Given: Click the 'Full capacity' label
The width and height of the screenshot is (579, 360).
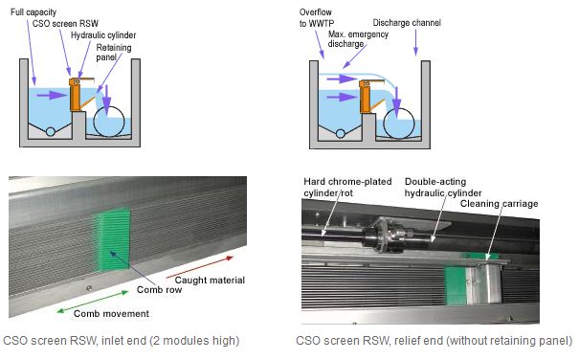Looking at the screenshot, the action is (33, 12).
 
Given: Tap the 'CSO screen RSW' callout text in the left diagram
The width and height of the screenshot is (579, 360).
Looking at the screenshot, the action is (65, 24).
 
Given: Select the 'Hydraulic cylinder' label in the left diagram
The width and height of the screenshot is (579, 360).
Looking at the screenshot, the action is (103, 35).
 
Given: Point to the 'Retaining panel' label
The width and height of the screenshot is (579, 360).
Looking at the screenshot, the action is (114, 52).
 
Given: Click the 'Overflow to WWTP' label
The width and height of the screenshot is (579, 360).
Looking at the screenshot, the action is (317, 18).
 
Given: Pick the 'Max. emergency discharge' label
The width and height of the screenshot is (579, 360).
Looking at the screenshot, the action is (358, 39).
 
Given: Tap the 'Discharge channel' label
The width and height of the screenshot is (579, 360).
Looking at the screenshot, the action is (407, 23).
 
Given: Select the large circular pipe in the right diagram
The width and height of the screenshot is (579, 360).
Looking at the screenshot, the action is (399, 124).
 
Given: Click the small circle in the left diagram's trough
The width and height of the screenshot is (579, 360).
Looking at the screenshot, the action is (50, 131).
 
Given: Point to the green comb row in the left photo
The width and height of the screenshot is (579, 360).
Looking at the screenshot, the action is (113, 240).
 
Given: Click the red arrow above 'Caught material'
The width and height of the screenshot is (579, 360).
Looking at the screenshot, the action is (200, 267).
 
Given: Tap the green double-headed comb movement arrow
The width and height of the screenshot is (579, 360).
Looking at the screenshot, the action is (93, 302).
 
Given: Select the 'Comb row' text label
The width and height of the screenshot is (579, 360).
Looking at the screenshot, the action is (159, 289).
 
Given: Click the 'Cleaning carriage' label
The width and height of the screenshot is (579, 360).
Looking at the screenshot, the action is (499, 204).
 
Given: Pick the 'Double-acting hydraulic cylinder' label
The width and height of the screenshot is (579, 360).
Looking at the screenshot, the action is (443, 187).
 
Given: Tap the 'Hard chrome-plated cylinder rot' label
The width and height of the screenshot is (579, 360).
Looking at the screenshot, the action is (347, 187).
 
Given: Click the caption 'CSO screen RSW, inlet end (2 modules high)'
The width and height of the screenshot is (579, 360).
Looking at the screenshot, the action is (122, 341).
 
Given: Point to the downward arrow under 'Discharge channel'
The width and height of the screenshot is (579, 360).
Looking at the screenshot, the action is (415, 42).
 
